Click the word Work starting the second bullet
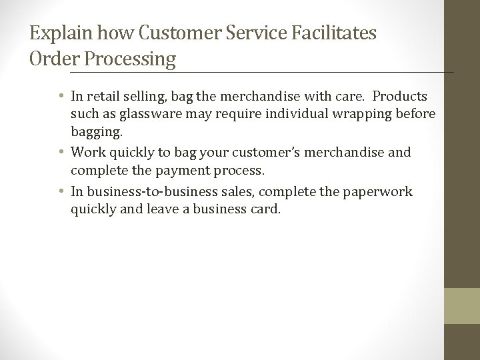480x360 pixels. [88, 153]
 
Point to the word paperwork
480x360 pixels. [383, 191]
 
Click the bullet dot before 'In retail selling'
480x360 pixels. [62, 98]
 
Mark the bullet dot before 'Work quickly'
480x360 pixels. [62, 153]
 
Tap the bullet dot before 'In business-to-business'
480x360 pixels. [62, 192]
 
